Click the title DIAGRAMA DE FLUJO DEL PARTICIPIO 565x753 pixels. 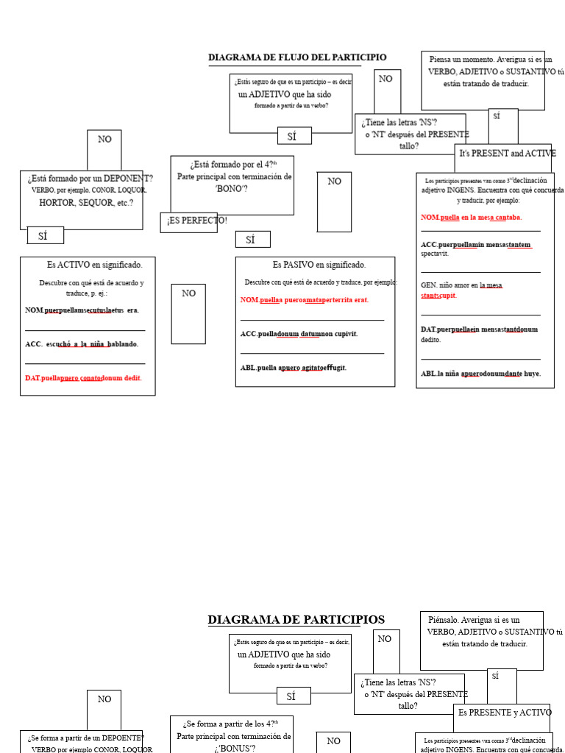(296, 58)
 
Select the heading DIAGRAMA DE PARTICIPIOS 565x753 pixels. (296, 620)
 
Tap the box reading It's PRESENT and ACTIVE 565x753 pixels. (508, 154)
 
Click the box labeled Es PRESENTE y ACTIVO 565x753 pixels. (505, 713)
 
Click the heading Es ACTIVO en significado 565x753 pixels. (95, 265)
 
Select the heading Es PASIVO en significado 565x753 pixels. (319, 265)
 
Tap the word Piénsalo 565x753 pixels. (443, 620)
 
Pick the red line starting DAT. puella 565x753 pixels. (83, 378)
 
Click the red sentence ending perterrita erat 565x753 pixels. (305, 300)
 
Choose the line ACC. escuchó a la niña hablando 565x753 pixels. (82, 344)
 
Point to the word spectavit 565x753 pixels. (435, 254)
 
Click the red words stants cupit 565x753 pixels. (438, 296)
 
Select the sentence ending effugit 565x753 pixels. (293, 368)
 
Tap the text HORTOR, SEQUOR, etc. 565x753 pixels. (86, 203)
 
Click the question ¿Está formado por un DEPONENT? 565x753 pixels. (90, 179)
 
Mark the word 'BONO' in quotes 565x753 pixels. (231, 189)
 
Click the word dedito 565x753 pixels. (431, 340)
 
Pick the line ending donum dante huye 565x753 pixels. (480, 374)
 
